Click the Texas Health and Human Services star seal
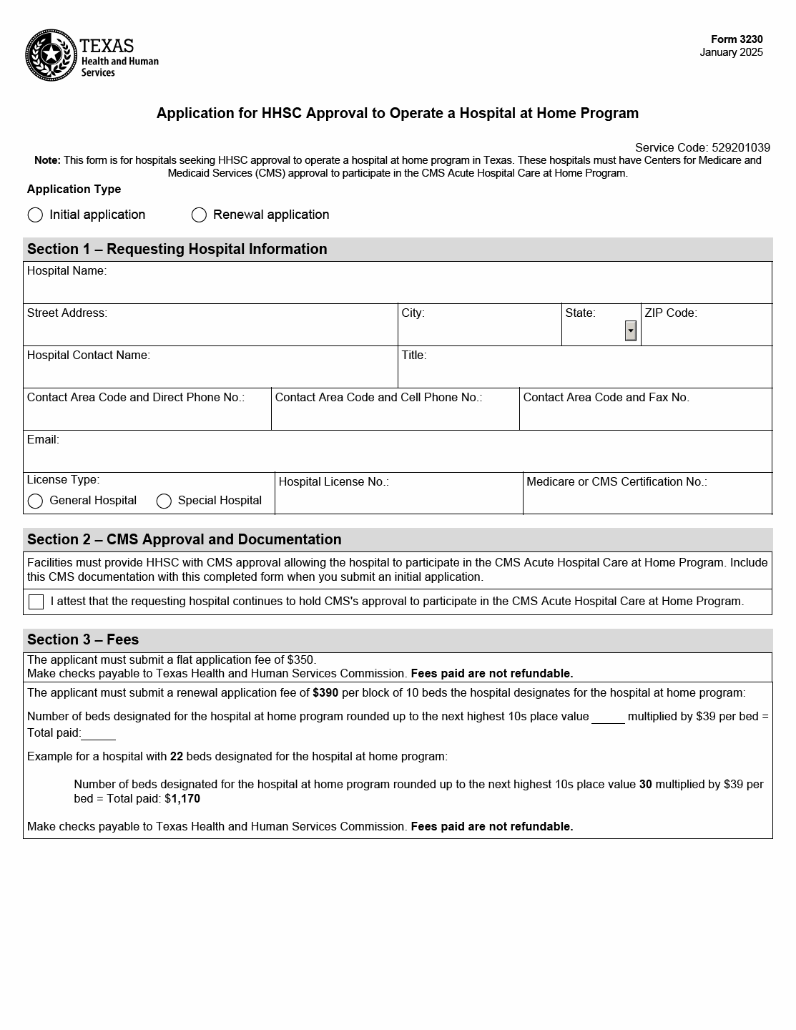click(x=51, y=55)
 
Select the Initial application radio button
click(x=35, y=215)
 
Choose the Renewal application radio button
click(x=199, y=215)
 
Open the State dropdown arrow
click(x=630, y=330)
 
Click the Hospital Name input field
click(x=397, y=288)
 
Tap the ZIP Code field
click(x=706, y=330)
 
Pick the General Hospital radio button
click(x=35, y=501)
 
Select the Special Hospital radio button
click(x=164, y=501)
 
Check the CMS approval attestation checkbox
click(x=36, y=602)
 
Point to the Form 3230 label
click(x=737, y=39)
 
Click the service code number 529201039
click(x=740, y=148)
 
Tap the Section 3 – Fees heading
click(x=83, y=639)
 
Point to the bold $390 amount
click(x=325, y=692)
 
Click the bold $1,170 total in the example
click(x=185, y=798)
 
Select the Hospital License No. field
click(x=398, y=499)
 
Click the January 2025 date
click(x=731, y=52)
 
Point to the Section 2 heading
click(x=185, y=539)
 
